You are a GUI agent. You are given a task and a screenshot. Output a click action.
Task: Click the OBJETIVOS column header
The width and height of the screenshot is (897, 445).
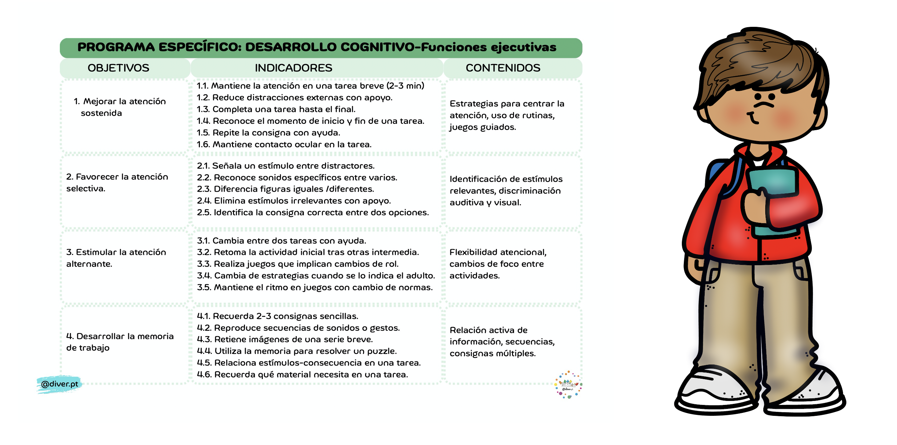point(118,68)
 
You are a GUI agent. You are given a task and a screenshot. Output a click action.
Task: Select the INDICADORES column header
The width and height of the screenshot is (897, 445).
point(293,68)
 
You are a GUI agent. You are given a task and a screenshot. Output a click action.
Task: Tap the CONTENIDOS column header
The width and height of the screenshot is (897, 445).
point(503,68)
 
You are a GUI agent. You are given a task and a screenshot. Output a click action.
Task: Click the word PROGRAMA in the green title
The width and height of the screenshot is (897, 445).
point(116,47)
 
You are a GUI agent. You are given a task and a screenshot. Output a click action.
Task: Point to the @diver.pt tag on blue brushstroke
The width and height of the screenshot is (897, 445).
point(59,384)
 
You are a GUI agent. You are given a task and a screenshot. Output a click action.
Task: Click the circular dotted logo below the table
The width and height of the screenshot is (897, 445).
point(568,385)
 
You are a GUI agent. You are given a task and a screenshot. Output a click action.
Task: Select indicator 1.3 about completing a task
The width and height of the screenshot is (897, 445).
point(276,109)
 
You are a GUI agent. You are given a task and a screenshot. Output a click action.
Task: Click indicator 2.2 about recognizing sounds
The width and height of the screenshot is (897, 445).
point(297,177)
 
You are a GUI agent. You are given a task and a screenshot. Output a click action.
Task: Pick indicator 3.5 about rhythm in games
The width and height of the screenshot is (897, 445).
point(314,288)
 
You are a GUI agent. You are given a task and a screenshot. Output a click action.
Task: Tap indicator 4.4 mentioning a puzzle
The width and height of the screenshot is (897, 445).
point(297,351)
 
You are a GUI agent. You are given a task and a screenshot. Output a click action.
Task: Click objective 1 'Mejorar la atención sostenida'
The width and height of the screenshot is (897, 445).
point(119,107)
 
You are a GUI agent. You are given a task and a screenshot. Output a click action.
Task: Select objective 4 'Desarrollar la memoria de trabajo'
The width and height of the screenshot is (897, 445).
point(119,342)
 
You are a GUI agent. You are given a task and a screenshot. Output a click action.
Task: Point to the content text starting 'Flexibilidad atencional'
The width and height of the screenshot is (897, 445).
point(498,264)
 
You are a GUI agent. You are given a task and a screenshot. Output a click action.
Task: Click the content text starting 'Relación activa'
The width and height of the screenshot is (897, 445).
point(502,342)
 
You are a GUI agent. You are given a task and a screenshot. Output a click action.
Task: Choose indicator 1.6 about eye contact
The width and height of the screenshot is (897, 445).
point(284,144)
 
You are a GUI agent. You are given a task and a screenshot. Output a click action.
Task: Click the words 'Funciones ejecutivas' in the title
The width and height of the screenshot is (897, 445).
point(489,47)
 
